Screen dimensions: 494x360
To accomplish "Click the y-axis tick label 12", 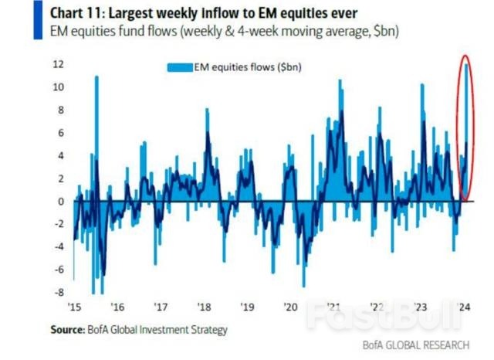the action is [x=59, y=64].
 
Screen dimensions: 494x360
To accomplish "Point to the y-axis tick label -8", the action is [x=59, y=293].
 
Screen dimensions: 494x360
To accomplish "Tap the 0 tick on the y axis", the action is [x=61, y=202].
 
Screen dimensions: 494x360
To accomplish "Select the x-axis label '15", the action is [x=74, y=307].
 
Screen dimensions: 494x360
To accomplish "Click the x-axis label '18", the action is [x=204, y=307].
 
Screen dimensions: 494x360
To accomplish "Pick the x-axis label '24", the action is [x=464, y=307].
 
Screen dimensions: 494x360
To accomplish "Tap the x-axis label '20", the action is [x=290, y=307].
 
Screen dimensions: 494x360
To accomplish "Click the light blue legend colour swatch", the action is [x=180, y=67].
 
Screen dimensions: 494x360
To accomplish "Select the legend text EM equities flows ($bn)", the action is [x=248, y=67].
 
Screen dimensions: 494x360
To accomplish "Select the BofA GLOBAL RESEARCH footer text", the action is [x=416, y=345].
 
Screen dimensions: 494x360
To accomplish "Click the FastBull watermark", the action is [x=385, y=314].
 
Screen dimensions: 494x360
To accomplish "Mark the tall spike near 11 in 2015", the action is [x=96, y=139].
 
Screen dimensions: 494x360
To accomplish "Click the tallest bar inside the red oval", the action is [x=466, y=132].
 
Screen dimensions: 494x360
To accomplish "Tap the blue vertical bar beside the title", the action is [x=38, y=20].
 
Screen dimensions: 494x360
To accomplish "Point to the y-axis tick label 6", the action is [x=61, y=133].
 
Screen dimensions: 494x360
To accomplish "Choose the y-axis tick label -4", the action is [x=59, y=247].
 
